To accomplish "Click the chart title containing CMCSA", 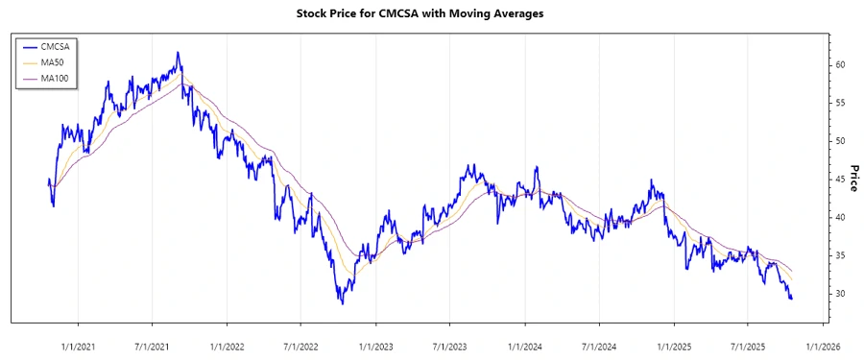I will (x=432, y=14).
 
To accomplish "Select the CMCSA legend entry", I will (x=59, y=45).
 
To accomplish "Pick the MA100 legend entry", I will (x=58, y=78).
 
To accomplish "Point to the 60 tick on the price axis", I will (x=840, y=65).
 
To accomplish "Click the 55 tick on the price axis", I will (x=840, y=103).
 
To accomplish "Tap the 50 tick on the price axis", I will (x=840, y=141).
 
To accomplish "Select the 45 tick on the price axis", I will (x=840, y=180).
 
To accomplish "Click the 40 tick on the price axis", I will (x=840, y=218).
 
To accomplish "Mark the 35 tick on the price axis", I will (x=840, y=255).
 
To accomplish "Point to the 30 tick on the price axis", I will (x=840, y=294).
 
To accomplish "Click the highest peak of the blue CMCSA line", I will (x=178, y=53).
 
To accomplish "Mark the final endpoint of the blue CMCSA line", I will (x=792, y=299).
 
